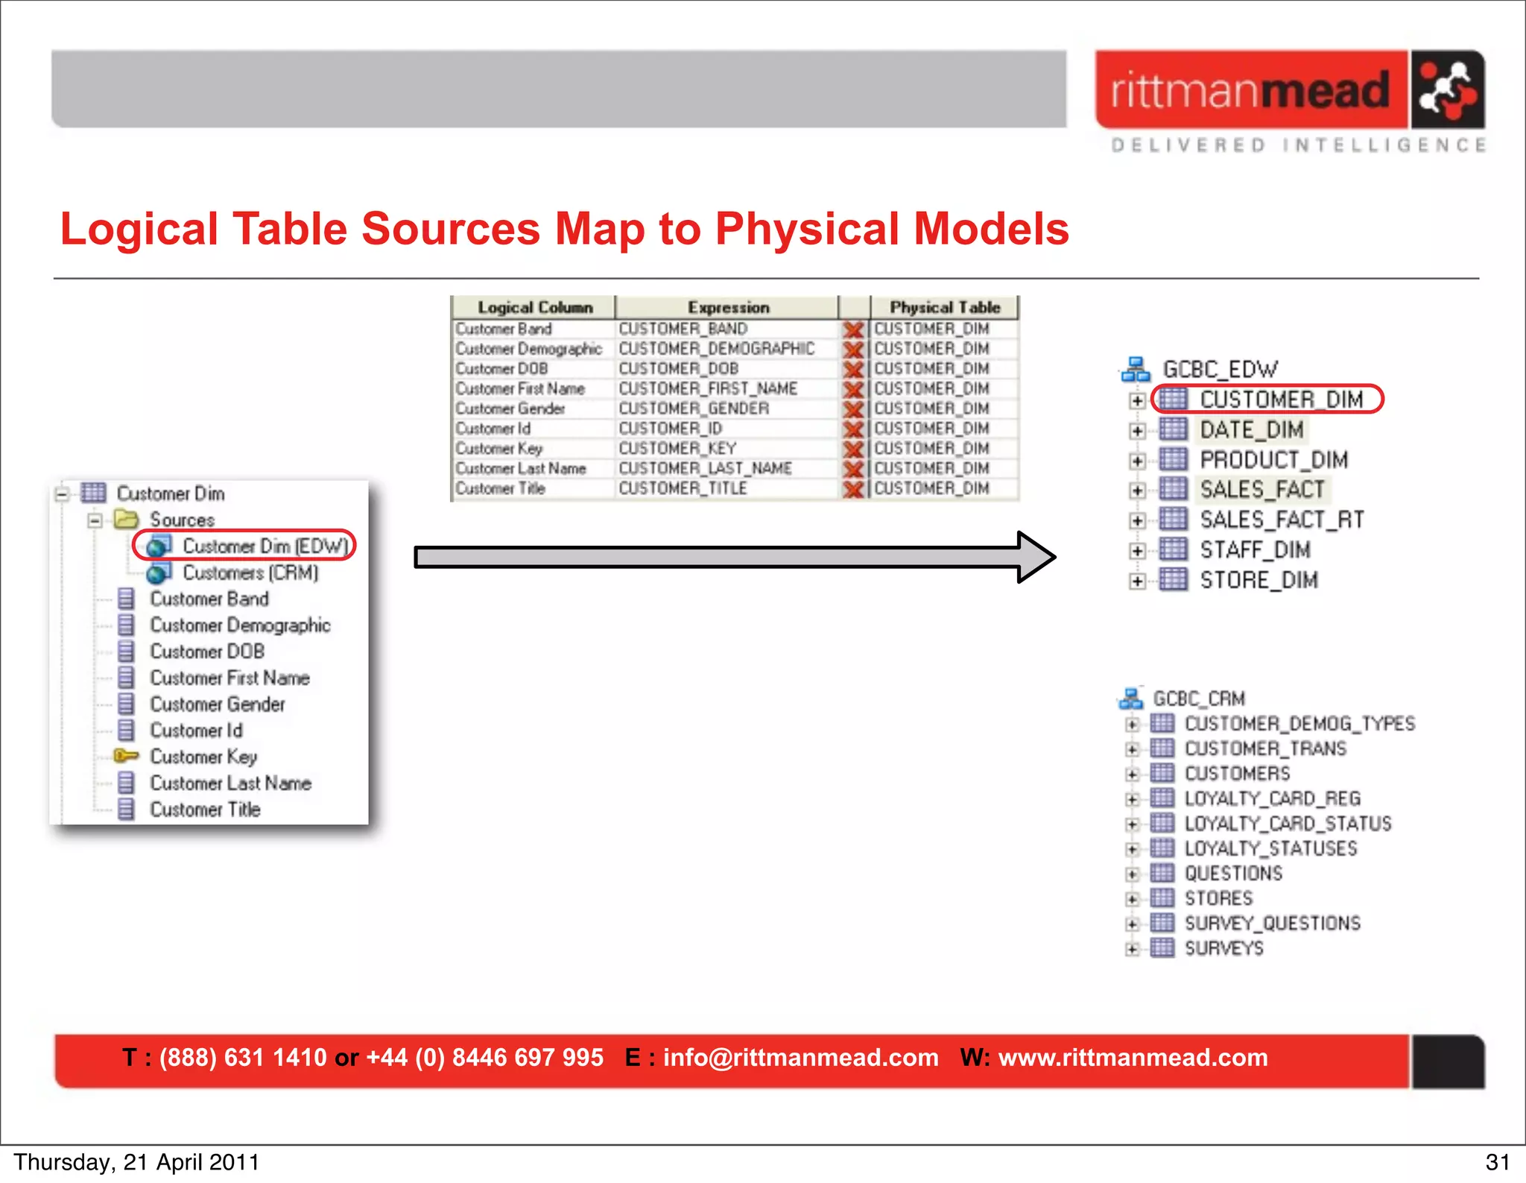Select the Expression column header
(x=727, y=307)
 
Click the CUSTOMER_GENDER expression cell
(x=694, y=408)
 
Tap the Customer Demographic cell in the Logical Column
(x=528, y=349)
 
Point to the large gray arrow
(x=734, y=557)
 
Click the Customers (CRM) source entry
(x=250, y=572)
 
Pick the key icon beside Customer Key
(x=126, y=756)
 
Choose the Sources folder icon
(x=126, y=519)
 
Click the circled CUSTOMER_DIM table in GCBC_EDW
(x=1281, y=400)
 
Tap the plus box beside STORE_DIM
(x=1137, y=581)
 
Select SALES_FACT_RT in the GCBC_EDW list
(x=1282, y=520)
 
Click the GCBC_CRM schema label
(x=1199, y=698)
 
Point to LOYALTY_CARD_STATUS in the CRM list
(x=1288, y=824)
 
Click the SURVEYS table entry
(x=1224, y=948)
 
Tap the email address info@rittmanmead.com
(x=800, y=1058)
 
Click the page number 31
(x=1497, y=1162)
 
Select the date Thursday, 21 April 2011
(x=136, y=1162)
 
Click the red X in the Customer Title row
(x=853, y=489)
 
